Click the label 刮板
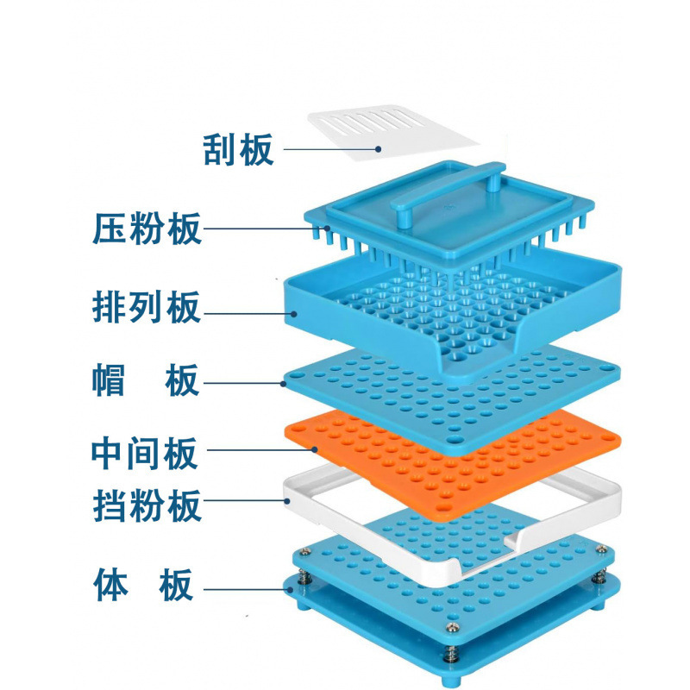[x=239, y=149]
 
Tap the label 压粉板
[x=147, y=229]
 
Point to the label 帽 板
[x=147, y=380]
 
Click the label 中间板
[x=147, y=452]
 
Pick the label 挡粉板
[x=147, y=505]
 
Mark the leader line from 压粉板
[x=259, y=229]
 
